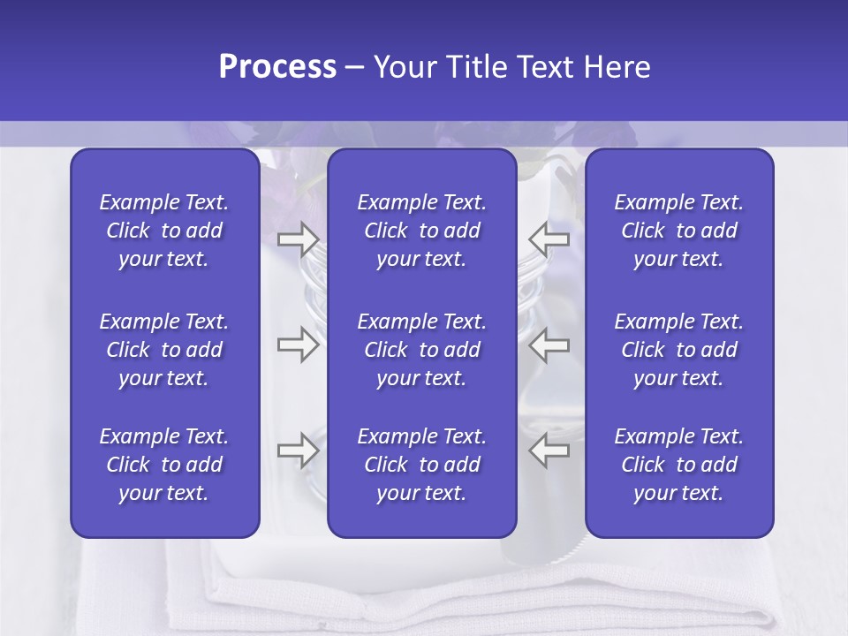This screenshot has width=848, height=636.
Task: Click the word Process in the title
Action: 277,67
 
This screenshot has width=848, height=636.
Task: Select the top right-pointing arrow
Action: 298,238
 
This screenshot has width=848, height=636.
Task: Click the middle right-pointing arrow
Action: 298,344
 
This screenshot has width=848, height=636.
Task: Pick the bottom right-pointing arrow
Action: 298,450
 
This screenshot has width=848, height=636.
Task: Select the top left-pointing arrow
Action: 549,238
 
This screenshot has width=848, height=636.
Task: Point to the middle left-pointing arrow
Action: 549,344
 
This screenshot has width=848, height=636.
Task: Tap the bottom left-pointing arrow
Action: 549,450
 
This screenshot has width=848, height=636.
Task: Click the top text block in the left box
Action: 164,231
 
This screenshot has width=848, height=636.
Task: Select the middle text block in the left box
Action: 164,350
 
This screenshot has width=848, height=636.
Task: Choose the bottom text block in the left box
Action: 164,465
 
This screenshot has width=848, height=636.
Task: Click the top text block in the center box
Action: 422,231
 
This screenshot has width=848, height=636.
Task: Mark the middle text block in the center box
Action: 422,350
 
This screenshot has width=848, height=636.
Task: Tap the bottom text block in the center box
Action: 422,465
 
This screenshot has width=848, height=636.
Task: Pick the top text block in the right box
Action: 679,231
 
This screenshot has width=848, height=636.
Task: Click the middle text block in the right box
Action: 679,350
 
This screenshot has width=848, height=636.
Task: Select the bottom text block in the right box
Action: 679,465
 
